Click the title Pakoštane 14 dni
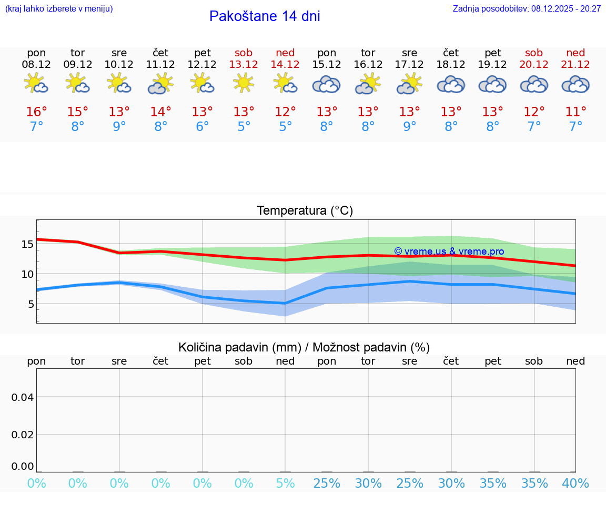point(265,16)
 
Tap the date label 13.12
point(244,65)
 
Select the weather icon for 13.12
point(244,83)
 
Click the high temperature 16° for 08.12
point(36,112)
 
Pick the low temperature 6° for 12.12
point(202,127)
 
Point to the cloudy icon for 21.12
point(575,84)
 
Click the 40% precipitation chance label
point(575,484)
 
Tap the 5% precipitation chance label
point(285,484)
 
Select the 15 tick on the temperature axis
point(27,244)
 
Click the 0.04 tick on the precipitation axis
point(23,397)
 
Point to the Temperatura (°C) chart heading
point(305,211)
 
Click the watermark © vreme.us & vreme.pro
point(449,252)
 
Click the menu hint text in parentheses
point(59,9)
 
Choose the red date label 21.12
point(575,65)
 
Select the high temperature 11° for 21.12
point(575,112)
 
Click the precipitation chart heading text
point(304,347)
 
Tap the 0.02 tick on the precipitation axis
point(23,435)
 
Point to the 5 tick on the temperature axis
point(31,304)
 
